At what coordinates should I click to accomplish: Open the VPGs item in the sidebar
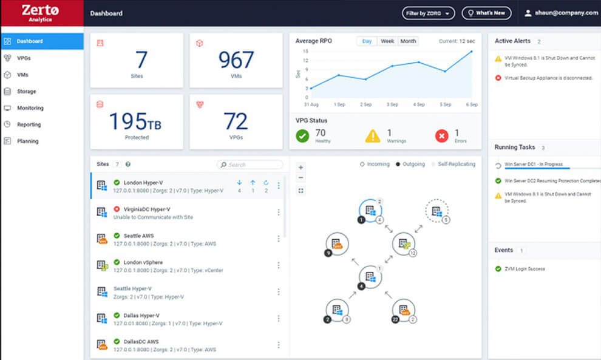24,58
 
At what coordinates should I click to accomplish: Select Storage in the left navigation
26,92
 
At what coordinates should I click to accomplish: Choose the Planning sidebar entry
27,141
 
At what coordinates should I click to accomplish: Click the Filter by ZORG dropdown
428,13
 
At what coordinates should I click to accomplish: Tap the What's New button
486,13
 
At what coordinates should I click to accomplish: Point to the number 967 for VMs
236,61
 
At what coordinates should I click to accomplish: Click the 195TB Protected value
136,122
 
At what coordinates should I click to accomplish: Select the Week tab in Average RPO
387,41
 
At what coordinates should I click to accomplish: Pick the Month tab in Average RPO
409,41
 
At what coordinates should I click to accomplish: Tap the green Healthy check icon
302,136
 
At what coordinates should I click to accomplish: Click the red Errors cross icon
442,136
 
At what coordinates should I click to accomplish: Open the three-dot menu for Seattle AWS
279,239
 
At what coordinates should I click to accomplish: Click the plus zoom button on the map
301,168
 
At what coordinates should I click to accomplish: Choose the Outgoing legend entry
412,165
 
